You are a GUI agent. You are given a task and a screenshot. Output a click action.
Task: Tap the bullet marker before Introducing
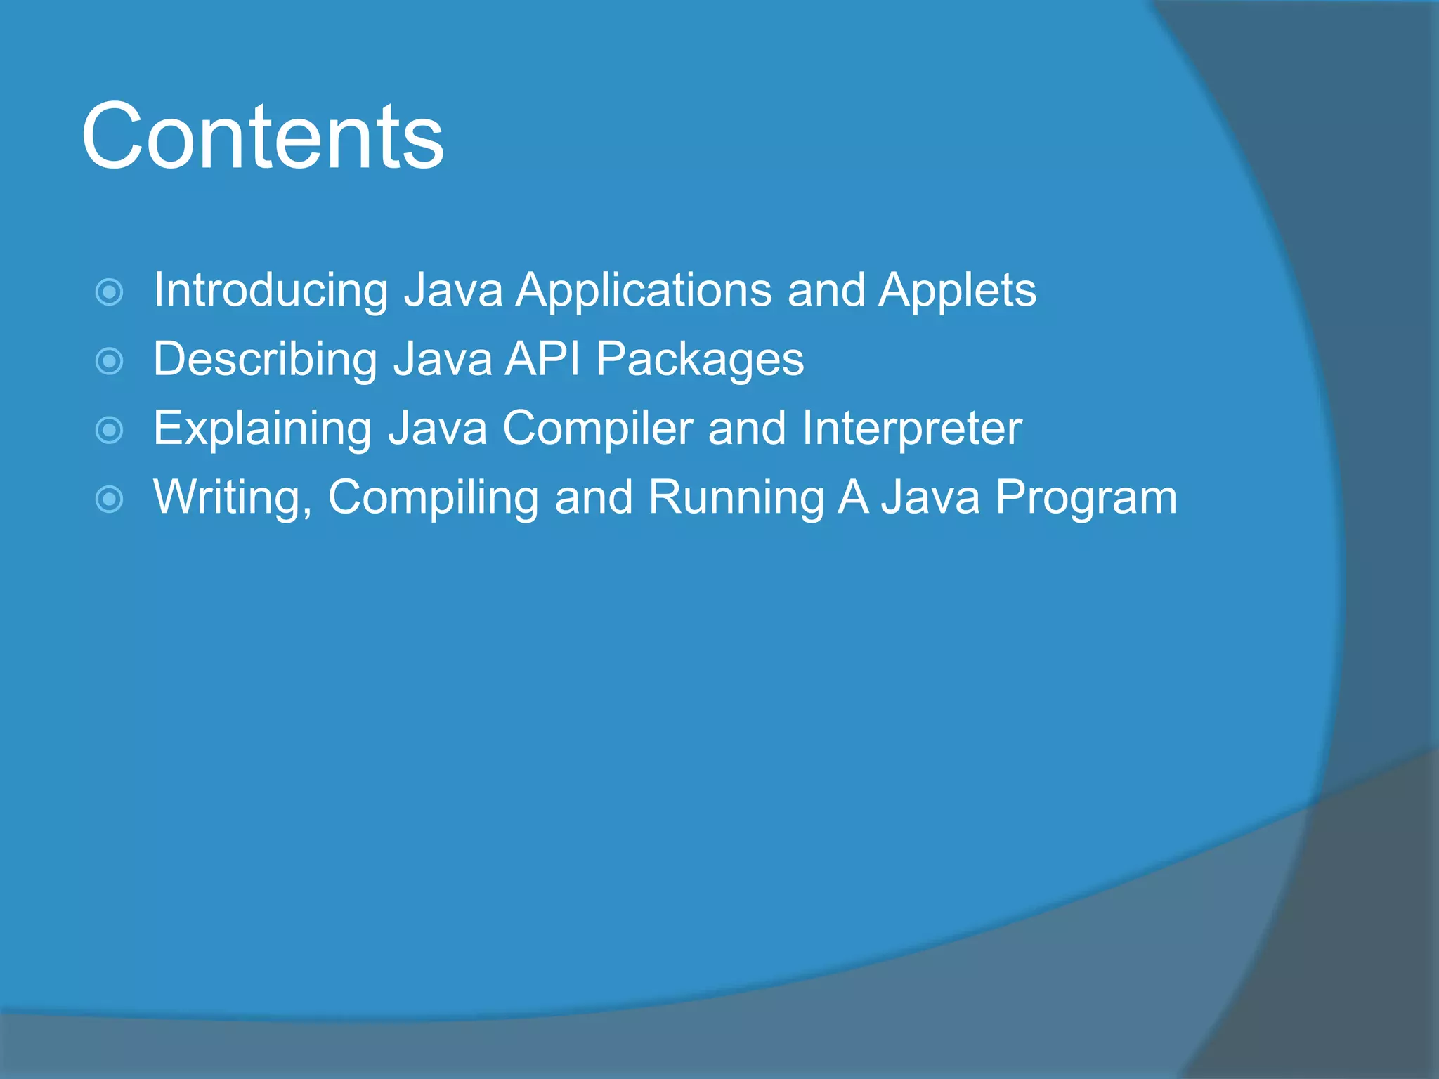109,292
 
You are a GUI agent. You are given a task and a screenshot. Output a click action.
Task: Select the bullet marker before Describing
109,361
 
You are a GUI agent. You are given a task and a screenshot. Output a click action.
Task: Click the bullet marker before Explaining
109,430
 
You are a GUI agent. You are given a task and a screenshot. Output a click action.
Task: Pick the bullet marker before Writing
109,499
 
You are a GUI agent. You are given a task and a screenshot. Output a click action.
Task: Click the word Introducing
271,290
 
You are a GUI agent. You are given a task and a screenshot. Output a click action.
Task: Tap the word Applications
644,290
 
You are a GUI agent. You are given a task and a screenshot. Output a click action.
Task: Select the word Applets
957,290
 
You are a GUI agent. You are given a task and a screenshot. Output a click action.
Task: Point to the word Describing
265,359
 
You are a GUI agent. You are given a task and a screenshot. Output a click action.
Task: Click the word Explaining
262,429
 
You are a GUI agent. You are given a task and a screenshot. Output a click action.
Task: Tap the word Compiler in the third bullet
597,429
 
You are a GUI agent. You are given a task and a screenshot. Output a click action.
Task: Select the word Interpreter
911,429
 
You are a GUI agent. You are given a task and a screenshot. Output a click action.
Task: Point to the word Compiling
433,497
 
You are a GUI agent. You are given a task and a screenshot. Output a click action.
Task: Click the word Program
1086,497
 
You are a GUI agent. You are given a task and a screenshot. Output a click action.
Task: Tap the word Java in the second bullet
443,359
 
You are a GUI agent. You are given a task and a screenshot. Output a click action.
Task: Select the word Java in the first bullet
454,290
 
